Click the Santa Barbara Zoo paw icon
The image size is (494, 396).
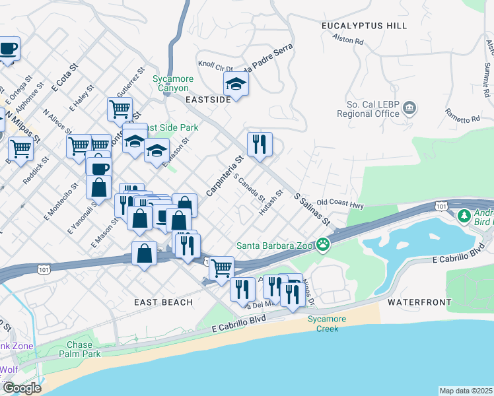323,246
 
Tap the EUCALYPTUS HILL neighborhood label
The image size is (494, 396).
364,25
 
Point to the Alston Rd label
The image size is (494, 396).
349,41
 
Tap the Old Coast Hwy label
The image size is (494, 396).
340,204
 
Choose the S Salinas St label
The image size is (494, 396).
312,209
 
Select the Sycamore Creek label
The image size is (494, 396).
322,323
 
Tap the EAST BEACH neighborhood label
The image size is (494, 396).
163,302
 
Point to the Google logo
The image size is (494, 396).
21,388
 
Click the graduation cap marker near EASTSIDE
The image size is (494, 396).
235,84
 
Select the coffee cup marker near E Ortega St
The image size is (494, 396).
8,49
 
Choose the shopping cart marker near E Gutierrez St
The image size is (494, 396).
120,108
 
